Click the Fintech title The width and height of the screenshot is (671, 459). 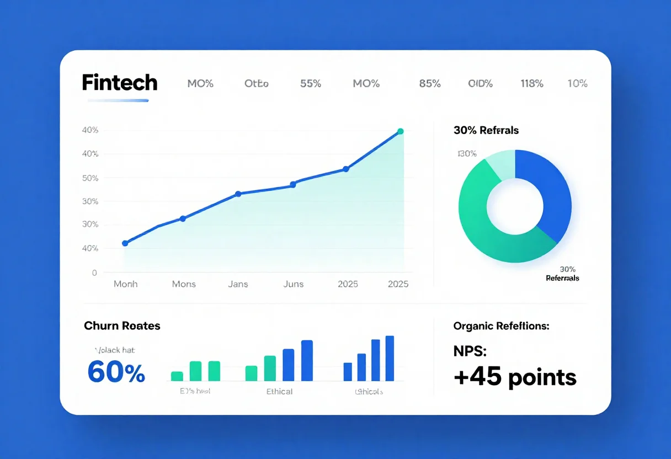click(120, 83)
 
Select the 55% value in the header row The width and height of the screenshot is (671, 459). click(311, 84)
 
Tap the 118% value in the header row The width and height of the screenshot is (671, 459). click(532, 84)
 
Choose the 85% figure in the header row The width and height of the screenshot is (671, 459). click(430, 84)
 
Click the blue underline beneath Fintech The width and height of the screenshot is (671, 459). click(118, 100)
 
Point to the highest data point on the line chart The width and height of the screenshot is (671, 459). click(400, 131)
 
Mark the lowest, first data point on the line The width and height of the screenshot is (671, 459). click(125, 243)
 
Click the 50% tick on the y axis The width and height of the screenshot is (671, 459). click(90, 178)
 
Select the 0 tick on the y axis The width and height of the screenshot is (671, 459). click(94, 273)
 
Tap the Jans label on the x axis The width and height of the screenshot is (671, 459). click(238, 284)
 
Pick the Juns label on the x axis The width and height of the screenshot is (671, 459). click(293, 284)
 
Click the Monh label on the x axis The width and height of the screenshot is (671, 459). click(125, 284)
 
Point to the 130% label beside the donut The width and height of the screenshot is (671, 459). click(467, 153)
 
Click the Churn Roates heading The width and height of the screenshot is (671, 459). click(122, 325)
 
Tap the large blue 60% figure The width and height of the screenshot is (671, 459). click(116, 372)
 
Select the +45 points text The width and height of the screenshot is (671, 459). click(515, 377)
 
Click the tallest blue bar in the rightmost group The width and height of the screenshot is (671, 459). click(390, 358)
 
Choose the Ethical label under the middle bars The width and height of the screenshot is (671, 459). click(279, 391)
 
